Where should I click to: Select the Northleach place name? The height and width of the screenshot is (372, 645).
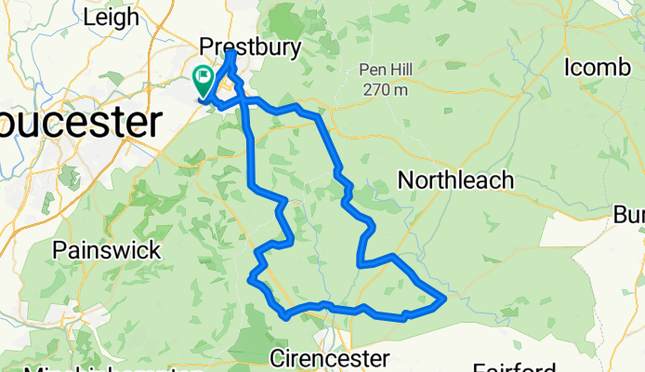pyautogui.click(x=455, y=180)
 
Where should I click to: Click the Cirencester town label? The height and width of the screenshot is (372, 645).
pyautogui.click(x=330, y=358)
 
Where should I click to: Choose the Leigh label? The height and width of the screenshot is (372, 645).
pyautogui.click(x=111, y=17)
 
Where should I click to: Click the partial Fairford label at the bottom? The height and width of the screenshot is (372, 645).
pyautogui.click(x=517, y=367)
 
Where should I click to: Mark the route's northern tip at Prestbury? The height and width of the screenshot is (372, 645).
pyautogui.click(x=230, y=54)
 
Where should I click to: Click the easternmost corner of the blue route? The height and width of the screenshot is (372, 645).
pyautogui.click(x=445, y=299)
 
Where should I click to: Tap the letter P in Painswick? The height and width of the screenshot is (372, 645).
pyautogui.click(x=60, y=250)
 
